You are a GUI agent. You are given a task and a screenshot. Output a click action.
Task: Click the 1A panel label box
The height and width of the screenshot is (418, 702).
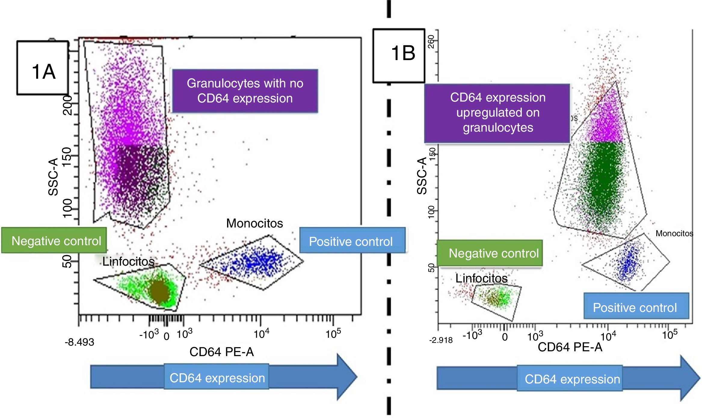(x=43, y=68)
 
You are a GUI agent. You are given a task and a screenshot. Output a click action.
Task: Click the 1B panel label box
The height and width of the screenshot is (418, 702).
(x=399, y=56)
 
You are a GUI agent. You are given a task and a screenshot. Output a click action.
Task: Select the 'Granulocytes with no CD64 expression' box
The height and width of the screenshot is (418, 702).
(x=245, y=91)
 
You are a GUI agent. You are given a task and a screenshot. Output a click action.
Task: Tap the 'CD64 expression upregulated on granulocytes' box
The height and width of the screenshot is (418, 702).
(x=497, y=113)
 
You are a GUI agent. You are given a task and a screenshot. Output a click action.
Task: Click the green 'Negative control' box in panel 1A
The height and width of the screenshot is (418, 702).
(x=54, y=240)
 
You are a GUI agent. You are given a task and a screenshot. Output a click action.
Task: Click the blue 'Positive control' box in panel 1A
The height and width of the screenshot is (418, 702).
(x=352, y=241)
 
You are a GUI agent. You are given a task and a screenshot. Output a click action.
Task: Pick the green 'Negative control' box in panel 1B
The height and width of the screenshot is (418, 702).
(x=490, y=253)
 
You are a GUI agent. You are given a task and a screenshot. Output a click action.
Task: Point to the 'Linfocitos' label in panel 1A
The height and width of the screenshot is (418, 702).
(x=128, y=261)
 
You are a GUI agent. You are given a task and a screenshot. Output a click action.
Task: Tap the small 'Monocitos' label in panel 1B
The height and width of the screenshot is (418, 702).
(x=674, y=233)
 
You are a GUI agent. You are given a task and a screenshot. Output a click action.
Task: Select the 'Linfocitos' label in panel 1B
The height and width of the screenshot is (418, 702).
(x=481, y=278)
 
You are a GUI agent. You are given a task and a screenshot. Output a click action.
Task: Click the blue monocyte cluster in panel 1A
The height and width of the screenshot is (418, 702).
(x=259, y=261)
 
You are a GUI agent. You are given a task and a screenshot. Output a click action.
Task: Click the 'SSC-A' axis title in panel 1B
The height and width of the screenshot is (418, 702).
(x=422, y=176)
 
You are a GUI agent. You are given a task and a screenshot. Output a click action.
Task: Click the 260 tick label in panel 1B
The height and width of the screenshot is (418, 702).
(x=431, y=41)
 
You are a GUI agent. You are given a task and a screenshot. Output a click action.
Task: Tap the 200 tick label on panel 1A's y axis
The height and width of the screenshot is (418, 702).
(x=67, y=105)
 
